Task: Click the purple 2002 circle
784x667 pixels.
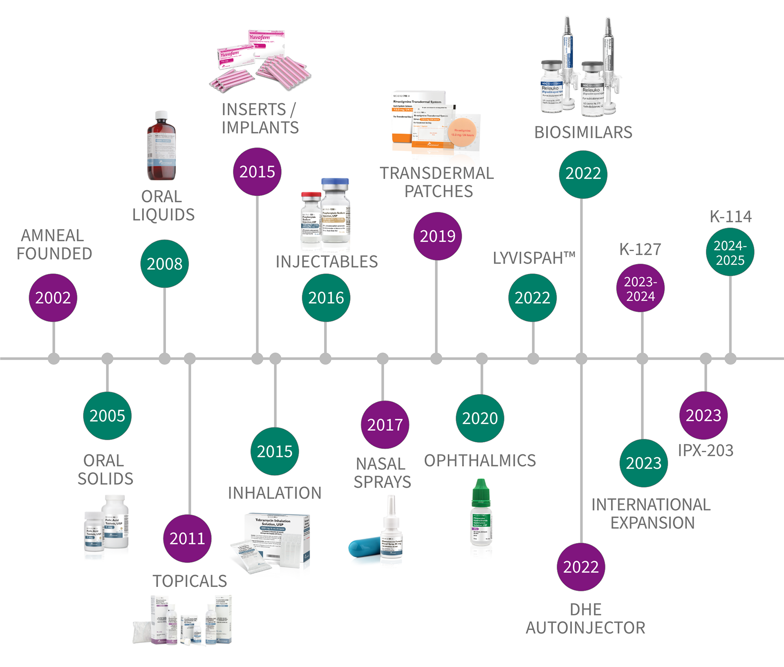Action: (x=53, y=298)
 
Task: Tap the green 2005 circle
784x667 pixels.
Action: (x=107, y=416)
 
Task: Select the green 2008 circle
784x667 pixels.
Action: (x=165, y=264)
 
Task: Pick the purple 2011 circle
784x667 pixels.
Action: (x=187, y=539)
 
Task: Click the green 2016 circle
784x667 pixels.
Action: (x=326, y=298)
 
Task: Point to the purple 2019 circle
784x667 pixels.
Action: (x=437, y=236)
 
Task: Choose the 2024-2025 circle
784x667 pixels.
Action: (x=730, y=253)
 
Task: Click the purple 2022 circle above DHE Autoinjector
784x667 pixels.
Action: (x=581, y=567)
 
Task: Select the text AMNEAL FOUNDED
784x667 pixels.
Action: (x=54, y=245)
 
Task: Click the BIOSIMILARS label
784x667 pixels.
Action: (x=583, y=132)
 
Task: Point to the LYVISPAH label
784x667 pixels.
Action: (x=534, y=258)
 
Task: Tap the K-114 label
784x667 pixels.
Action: (x=730, y=216)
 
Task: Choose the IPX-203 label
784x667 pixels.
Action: (x=706, y=450)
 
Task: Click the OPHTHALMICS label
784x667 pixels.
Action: (x=480, y=460)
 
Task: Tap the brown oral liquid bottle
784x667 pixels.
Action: (x=161, y=148)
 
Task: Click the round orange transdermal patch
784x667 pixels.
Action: (x=462, y=133)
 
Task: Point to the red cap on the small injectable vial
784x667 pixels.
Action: (x=311, y=195)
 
